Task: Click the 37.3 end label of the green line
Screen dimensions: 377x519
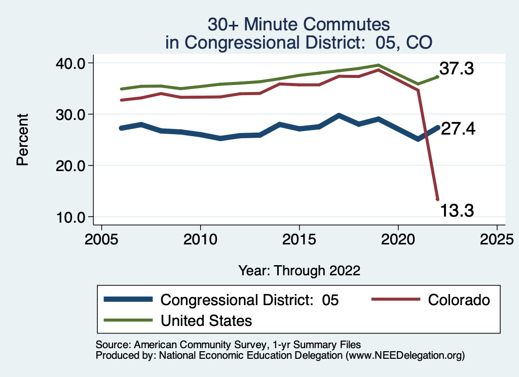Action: coord(456,68)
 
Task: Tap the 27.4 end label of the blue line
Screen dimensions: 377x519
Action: coord(458,129)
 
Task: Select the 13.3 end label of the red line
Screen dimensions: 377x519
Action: coord(456,210)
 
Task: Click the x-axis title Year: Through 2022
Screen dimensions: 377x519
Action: coord(300,271)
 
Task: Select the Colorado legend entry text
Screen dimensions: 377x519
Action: coord(459,300)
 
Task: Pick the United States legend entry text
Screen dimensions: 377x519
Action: coord(206,320)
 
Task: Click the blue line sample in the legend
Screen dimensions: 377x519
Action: coord(128,300)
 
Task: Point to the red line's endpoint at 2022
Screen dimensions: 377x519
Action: coord(437,199)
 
